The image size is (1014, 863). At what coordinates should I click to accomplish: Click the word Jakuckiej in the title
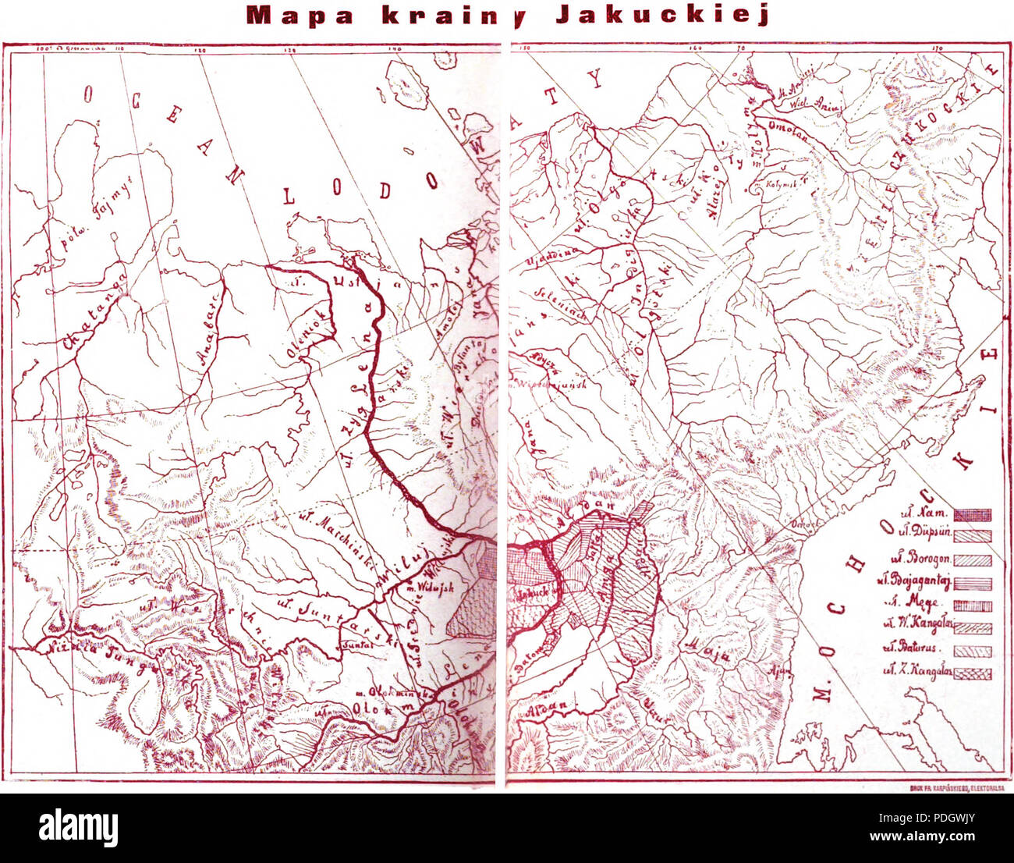(x=662, y=16)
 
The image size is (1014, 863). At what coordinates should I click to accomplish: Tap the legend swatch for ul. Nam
(x=972, y=514)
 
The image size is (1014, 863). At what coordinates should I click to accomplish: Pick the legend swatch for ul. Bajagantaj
(x=972, y=583)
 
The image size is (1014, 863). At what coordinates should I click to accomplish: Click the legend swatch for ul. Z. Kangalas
(x=972, y=673)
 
